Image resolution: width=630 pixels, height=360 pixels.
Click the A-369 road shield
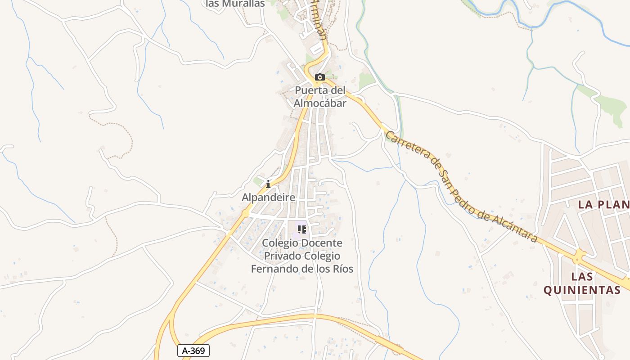click(x=193, y=351)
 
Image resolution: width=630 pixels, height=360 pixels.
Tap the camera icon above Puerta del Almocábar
click(x=320, y=77)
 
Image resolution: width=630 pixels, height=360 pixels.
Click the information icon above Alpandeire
click(x=268, y=184)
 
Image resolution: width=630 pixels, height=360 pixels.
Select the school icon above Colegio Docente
click(x=302, y=229)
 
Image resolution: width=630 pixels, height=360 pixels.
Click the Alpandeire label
click(x=269, y=197)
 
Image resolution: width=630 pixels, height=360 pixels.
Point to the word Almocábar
click(x=320, y=103)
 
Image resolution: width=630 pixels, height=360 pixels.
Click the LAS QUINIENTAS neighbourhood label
click(x=582, y=283)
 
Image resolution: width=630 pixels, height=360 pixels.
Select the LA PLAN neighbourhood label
click(x=603, y=204)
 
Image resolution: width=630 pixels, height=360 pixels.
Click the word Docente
click(x=321, y=243)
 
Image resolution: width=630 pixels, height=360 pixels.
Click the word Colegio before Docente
click(x=280, y=243)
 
